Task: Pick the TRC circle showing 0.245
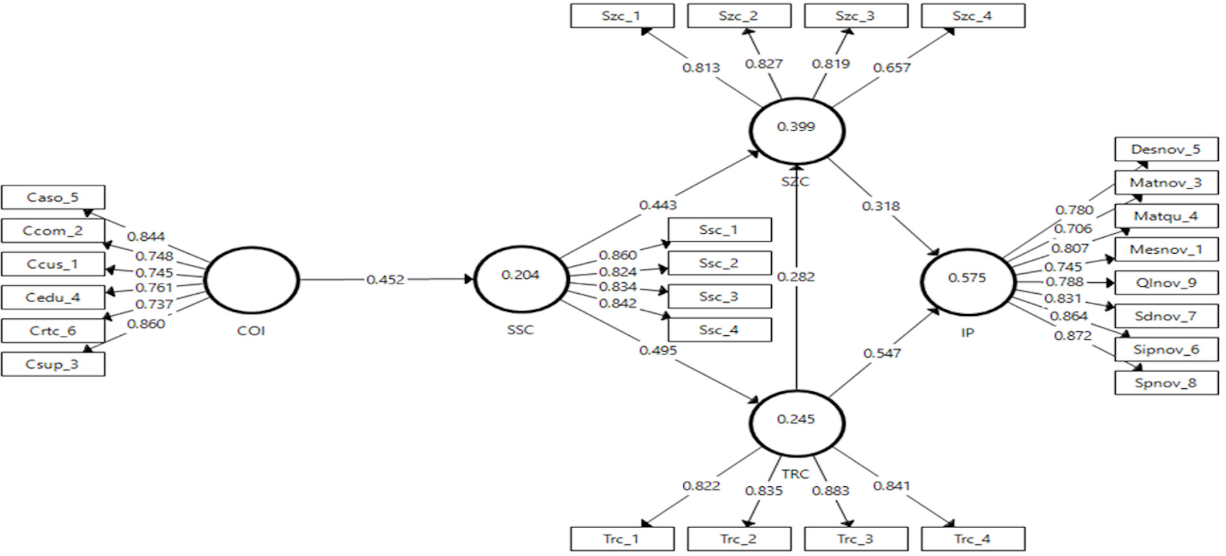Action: (x=797, y=391)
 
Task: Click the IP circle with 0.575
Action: (x=968, y=250)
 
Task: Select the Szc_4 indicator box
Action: (x=973, y=16)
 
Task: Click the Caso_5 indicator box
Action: (x=53, y=198)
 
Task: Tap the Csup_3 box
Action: (x=53, y=364)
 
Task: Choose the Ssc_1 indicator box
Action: (x=719, y=230)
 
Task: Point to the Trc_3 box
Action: (x=856, y=539)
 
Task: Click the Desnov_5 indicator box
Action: (x=1167, y=149)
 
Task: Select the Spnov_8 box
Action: (x=1167, y=383)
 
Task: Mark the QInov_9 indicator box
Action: (x=1167, y=283)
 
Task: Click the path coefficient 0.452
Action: (x=385, y=280)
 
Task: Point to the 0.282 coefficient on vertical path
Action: (x=796, y=276)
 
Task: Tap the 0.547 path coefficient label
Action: (x=882, y=353)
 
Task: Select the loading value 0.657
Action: (x=892, y=68)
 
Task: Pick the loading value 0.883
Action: (x=830, y=491)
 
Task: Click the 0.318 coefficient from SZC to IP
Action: (x=881, y=206)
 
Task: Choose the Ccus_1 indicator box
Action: (x=53, y=264)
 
